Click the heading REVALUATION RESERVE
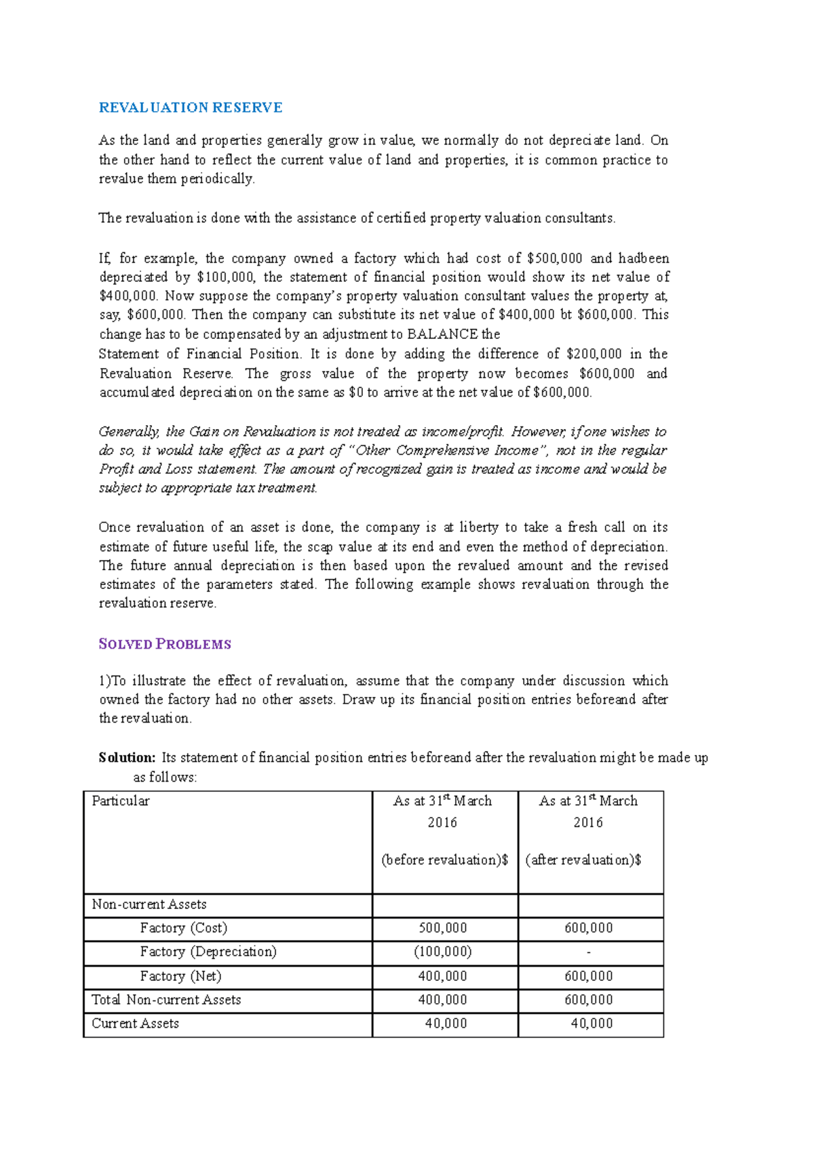click(191, 108)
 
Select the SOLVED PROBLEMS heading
click(165, 644)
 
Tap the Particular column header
click(121, 801)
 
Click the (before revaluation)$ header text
click(445, 860)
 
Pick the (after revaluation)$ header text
click(583, 860)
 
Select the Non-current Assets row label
click(149, 904)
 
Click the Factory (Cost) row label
click(184, 928)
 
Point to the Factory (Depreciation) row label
click(208, 952)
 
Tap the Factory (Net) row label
click(181, 976)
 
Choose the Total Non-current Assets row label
click(166, 1000)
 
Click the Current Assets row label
click(136, 1024)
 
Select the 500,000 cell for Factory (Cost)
click(443, 928)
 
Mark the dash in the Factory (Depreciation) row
click(589, 952)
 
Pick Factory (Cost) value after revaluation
click(589, 928)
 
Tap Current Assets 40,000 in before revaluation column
click(446, 1024)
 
